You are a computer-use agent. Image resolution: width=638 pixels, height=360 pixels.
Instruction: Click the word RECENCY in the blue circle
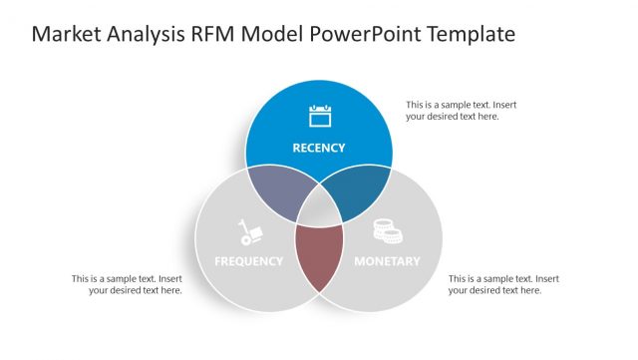pyautogui.click(x=318, y=148)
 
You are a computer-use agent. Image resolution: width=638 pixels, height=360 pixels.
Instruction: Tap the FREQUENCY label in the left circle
pyautogui.click(x=249, y=261)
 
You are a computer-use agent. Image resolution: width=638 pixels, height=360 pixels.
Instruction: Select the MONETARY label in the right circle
pyautogui.click(x=387, y=261)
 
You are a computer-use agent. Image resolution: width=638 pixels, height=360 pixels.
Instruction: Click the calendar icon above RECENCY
pyautogui.click(x=319, y=116)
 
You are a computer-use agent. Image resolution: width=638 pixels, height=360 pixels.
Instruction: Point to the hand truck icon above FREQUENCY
pyautogui.click(x=249, y=232)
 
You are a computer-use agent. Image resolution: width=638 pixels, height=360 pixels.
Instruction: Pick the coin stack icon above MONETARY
pyautogui.click(x=387, y=231)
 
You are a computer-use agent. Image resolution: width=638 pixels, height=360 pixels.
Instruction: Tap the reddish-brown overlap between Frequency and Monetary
pyautogui.click(x=318, y=255)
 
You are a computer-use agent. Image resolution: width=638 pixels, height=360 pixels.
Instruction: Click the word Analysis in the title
pyautogui.click(x=144, y=35)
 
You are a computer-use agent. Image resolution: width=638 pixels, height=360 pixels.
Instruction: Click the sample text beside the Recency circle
pyautogui.click(x=461, y=111)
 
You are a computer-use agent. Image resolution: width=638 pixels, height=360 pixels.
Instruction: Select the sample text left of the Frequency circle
pyautogui.click(x=127, y=284)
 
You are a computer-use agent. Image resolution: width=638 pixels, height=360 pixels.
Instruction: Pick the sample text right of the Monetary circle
pyautogui.click(x=502, y=284)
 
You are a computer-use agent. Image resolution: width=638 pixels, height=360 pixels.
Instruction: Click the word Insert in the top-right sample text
pyautogui.click(x=503, y=105)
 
